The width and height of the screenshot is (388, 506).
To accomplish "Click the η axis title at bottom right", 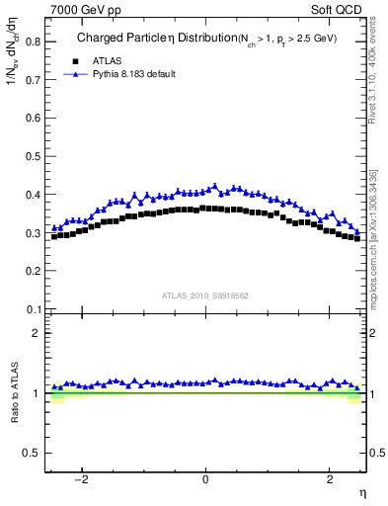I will [x=361, y=493].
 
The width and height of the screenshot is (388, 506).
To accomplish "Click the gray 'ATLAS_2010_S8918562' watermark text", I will [x=205, y=295].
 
